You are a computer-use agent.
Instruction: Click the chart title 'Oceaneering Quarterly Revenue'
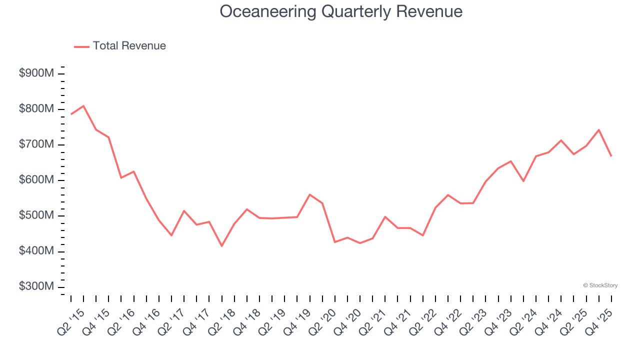click(x=341, y=11)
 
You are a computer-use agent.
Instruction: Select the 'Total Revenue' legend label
click(x=129, y=46)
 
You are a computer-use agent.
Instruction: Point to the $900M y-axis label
click(x=36, y=73)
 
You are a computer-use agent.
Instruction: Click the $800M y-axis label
click(x=36, y=109)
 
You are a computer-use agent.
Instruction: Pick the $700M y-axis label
click(x=36, y=144)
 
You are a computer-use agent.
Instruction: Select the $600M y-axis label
click(x=36, y=180)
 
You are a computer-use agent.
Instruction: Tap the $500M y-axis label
click(x=36, y=215)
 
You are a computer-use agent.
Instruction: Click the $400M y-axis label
click(x=36, y=251)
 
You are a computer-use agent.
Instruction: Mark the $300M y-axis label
click(x=36, y=286)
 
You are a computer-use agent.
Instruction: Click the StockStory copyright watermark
click(x=600, y=285)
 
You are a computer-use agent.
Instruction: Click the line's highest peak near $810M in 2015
click(x=83, y=105)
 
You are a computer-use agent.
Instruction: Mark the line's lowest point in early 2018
click(x=221, y=245)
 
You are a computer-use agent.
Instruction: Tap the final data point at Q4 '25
click(x=611, y=156)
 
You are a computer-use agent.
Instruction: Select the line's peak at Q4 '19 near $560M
click(x=309, y=194)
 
